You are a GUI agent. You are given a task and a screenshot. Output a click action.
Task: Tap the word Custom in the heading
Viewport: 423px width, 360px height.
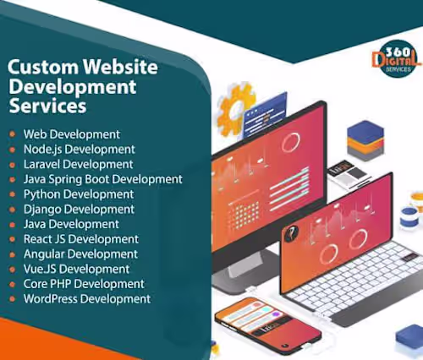[x=43, y=67]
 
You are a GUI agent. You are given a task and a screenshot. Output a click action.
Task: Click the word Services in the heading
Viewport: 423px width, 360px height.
[x=47, y=106]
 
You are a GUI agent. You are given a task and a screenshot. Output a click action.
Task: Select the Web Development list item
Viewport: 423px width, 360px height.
[x=72, y=134]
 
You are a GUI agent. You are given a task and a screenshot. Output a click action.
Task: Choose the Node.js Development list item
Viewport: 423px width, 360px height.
[x=80, y=150]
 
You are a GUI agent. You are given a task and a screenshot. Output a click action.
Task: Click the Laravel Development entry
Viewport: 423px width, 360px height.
[x=78, y=164]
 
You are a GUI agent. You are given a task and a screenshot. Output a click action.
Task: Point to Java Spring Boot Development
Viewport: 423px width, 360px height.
[x=103, y=179]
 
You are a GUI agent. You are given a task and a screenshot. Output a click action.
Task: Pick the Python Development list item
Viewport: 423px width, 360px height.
[x=79, y=194]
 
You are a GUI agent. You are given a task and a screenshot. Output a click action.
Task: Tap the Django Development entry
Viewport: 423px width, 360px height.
[x=79, y=210]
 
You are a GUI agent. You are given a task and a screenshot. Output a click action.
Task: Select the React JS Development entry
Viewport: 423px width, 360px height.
[x=81, y=239]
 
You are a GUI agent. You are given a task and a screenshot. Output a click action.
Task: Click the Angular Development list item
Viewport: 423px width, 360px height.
[x=80, y=254]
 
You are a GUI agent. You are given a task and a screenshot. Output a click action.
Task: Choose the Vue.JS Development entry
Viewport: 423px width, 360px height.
[x=76, y=269]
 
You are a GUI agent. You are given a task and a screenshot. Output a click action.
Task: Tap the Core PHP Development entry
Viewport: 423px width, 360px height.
[x=84, y=284]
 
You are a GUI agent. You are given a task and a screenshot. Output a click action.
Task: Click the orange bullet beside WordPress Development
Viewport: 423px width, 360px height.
[x=12, y=299]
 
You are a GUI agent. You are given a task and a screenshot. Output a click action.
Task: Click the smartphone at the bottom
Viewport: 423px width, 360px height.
[x=268, y=324]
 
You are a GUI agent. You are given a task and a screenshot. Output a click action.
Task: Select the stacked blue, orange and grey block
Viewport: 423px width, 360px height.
[x=365, y=140]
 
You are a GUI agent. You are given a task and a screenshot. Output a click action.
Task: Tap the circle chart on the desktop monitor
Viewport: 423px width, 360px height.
[x=291, y=142]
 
